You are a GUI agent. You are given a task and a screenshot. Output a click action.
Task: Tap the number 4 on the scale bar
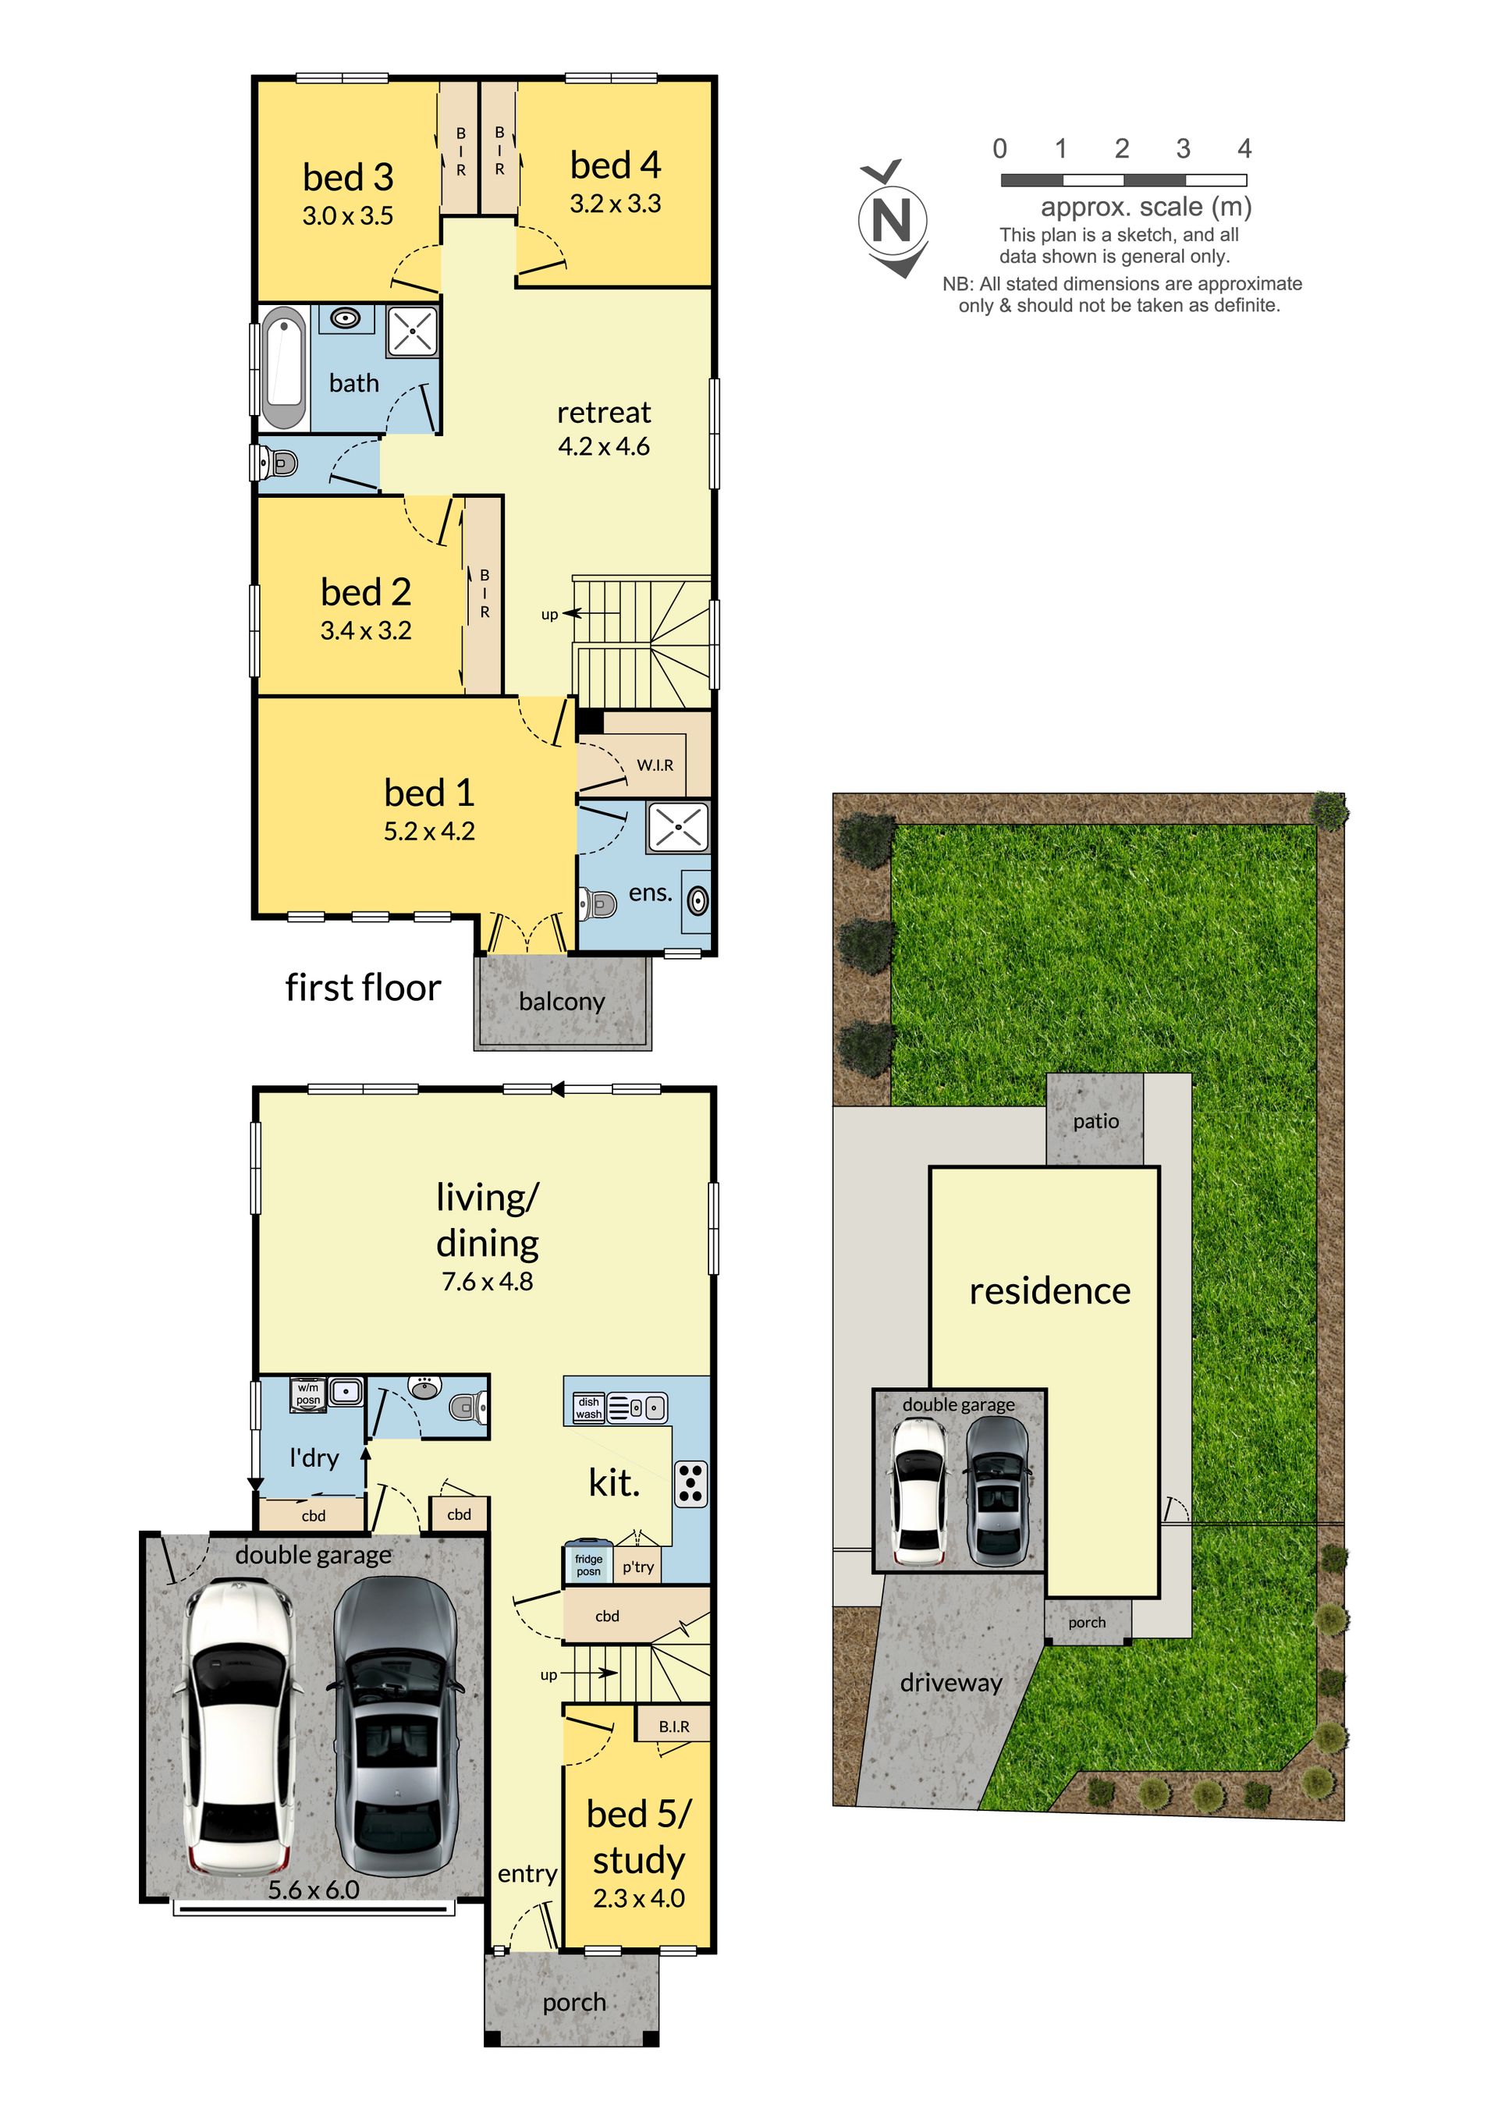point(1244,148)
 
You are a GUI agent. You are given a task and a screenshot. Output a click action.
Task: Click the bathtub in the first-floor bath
point(283,368)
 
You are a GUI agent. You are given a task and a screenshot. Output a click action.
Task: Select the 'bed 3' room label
point(348,176)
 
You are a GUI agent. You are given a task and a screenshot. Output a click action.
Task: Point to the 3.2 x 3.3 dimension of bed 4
point(615,203)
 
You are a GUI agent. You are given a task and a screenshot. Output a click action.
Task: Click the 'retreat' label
point(604,413)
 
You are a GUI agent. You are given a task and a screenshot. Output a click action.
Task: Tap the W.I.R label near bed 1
point(655,765)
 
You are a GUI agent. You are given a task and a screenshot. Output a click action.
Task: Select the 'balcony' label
point(562,1001)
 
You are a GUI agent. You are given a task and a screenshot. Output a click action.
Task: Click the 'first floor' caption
point(363,988)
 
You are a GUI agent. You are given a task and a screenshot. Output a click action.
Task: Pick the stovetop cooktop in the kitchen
point(690,1484)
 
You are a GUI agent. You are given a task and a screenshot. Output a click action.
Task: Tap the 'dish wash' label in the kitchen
point(589,1407)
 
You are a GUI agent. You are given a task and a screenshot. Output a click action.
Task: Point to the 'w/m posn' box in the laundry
point(308,1393)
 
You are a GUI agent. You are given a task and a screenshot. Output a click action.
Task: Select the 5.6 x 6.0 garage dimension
point(314,1889)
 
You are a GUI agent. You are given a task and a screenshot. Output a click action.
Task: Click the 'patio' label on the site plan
point(1095,1121)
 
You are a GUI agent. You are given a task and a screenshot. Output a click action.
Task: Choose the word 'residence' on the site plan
point(1049,1290)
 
